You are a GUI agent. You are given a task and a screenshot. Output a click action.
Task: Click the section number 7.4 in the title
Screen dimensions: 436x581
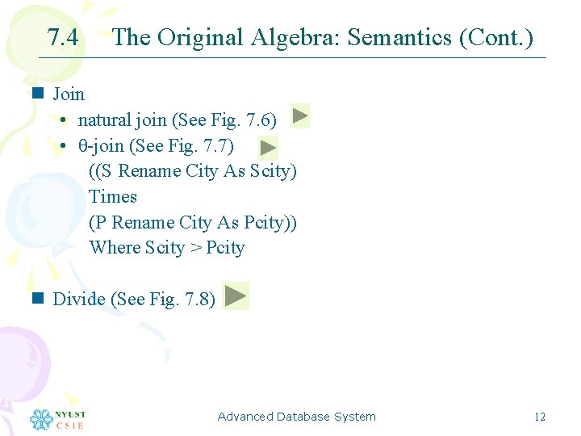click(63, 38)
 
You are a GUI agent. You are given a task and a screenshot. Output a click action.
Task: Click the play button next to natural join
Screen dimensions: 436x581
click(299, 116)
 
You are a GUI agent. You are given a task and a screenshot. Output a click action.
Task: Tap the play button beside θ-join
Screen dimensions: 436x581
click(269, 147)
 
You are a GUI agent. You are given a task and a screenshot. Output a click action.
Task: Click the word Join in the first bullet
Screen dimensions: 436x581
click(69, 94)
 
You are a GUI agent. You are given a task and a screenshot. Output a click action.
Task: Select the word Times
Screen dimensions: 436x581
click(113, 197)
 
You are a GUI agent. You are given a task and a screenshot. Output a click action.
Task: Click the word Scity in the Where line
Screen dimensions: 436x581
click(165, 248)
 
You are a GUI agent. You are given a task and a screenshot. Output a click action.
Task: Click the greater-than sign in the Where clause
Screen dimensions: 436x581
click(196, 248)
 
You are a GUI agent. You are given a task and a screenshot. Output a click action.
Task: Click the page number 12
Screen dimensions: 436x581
click(540, 417)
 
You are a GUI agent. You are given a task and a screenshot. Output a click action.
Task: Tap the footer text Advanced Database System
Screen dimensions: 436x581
click(297, 417)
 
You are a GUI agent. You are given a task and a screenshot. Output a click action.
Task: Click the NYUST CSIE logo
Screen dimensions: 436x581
click(57, 419)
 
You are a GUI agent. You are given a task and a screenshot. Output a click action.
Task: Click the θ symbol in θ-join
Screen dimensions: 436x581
click(82, 146)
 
